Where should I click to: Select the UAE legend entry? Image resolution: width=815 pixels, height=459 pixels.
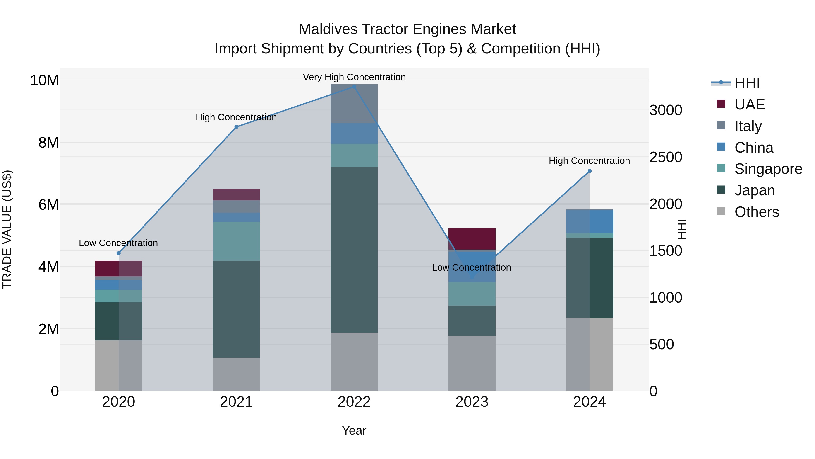[749, 104]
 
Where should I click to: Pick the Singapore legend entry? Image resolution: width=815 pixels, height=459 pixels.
[768, 169]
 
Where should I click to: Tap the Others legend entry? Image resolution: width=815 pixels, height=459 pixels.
[756, 212]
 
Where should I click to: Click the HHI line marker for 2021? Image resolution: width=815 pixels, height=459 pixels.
[236, 127]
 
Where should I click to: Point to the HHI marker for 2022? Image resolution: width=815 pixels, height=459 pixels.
[354, 87]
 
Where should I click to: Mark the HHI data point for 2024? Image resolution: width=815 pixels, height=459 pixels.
[590, 171]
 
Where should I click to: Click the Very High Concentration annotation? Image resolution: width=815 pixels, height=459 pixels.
[354, 77]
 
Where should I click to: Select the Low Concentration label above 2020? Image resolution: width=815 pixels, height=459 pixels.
[118, 243]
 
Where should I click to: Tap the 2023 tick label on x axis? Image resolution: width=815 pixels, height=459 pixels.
[472, 402]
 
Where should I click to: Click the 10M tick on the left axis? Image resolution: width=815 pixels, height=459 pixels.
[44, 80]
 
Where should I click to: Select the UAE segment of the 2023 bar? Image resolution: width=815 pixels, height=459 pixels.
[472, 239]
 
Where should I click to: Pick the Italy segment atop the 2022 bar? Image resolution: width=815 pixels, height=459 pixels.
[354, 104]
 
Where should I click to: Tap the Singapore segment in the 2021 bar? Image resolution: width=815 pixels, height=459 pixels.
[236, 241]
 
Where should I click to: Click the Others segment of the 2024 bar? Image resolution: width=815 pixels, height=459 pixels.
[590, 354]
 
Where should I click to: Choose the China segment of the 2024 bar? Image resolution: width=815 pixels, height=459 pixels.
[590, 221]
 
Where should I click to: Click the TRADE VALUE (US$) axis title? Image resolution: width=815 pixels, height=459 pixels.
[7, 229]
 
